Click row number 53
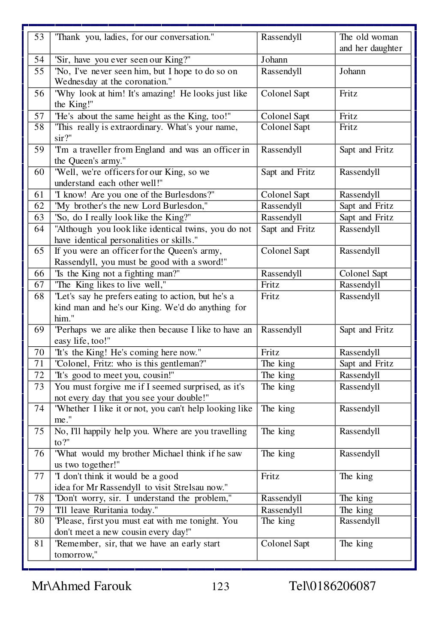(x=39, y=37)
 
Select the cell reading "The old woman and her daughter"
(x=371, y=42)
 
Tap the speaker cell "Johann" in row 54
(x=274, y=60)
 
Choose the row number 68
(x=39, y=297)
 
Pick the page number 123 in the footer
(x=220, y=586)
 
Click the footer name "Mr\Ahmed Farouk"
(x=81, y=586)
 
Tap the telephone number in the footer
(x=333, y=586)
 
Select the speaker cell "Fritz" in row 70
(x=270, y=353)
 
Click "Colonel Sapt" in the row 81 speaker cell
(x=285, y=544)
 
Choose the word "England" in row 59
(x=150, y=150)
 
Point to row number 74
(x=39, y=409)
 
